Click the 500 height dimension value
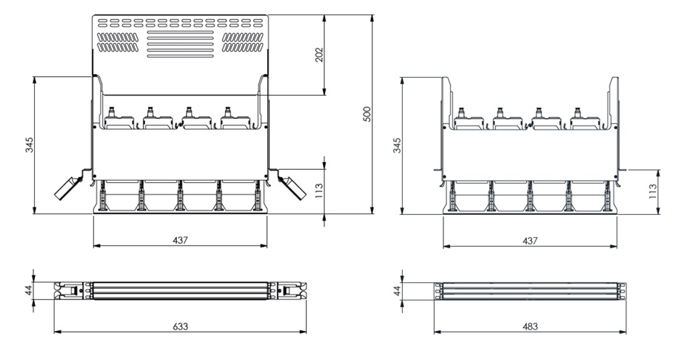click(367, 114)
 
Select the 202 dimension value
click(319, 54)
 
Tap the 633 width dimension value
click(181, 326)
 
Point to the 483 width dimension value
click(530, 326)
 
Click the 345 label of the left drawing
click(28, 145)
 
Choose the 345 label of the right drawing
click(397, 146)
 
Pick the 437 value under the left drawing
click(181, 240)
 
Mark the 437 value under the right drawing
click(530, 240)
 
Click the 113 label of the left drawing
click(319, 192)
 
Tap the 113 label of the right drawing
click(652, 192)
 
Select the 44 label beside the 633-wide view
click(28, 290)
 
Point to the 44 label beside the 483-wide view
click(397, 290)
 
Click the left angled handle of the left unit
click(68, 187)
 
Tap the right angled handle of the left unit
click(292, 187)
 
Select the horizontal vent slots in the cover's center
click(181, 44)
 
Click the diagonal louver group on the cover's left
click(117, 42)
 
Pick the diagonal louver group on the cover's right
click(243, 42)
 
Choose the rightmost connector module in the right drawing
click(585, 118)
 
